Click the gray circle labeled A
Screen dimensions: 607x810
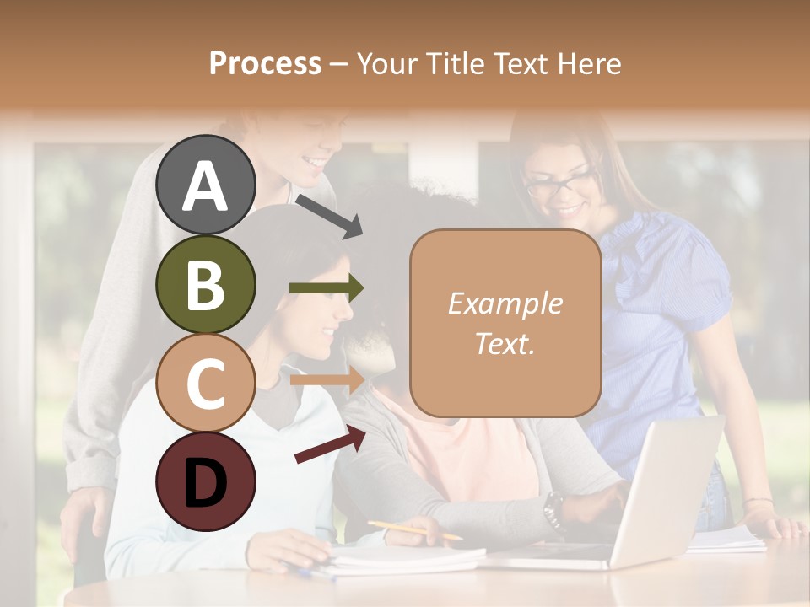206,185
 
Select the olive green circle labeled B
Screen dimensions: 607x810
206,284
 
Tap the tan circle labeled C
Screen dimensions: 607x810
206,383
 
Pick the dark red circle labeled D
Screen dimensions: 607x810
206,481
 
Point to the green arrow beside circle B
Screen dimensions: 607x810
327,288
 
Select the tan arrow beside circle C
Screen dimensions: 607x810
327,379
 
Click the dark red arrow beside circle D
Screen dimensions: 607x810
330,444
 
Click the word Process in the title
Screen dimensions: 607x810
265,63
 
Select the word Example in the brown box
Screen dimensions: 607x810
505,303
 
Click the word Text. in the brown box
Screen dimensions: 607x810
505,343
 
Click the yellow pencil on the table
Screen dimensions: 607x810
414,530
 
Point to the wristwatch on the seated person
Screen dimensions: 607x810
553,508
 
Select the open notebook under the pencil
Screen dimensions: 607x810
405,556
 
